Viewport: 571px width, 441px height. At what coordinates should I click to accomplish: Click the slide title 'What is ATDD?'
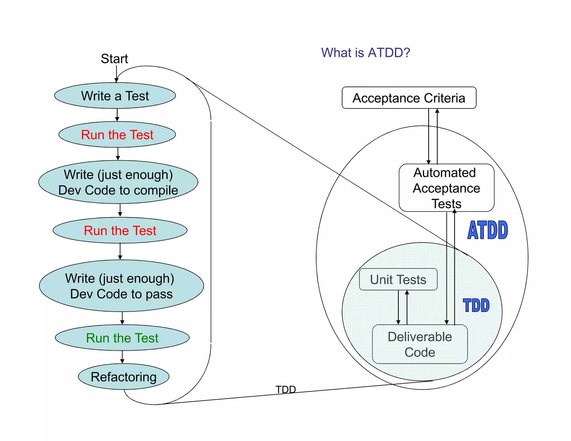pos(366,53)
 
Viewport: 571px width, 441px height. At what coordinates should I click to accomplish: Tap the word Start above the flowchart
pos(114,59)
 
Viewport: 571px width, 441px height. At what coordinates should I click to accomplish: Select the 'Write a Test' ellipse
pos(115,96)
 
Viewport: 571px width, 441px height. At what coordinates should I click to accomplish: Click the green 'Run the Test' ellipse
pos(122,338)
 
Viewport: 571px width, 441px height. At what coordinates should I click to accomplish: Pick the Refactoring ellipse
pos(124,377)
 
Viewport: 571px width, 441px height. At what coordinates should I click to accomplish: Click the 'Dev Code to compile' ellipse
pos(118,182)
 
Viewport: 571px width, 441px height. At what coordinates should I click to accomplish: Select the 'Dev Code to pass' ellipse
pos(121,286)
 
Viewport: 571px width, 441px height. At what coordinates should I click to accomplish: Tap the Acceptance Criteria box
pos(409,98)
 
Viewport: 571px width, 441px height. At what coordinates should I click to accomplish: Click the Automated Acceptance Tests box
pos(446,188)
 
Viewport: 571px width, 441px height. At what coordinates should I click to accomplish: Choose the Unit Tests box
pos(398,280)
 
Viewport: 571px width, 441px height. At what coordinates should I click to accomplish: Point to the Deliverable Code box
pos(420,344)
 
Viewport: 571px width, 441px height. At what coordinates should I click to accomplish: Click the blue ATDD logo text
pos(488,230)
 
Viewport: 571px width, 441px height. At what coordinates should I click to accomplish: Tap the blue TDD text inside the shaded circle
pos(476,305)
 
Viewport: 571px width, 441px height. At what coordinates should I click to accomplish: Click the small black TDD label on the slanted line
pos(285,389)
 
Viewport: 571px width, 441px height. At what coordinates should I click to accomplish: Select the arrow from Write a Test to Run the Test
pos(117,115)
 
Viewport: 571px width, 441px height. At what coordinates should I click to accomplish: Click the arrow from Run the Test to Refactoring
pos(122,357)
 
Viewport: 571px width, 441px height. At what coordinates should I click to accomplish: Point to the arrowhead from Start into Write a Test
pos(117,80)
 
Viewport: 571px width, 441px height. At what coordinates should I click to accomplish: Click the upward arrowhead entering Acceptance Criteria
pos(437,111)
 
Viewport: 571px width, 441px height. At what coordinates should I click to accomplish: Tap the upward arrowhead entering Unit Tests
pos(407,293)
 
